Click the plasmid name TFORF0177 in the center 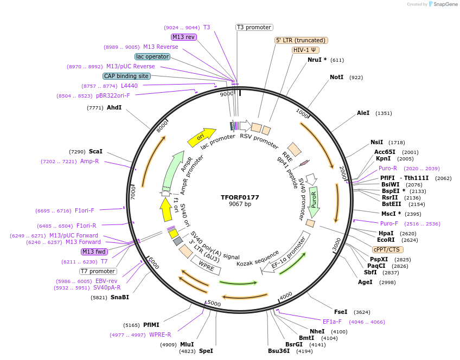pos(240,197)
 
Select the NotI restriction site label pos(336,78)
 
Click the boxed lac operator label pos(152,56)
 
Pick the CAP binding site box pos(126,76)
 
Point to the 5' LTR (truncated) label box pos(301,40)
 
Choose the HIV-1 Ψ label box pos(305,50)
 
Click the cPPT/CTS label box pos(387,249)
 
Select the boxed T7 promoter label pos(98,271)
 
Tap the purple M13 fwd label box pos(94,252)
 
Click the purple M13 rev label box pos(183,37)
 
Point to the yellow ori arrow pos(201,138)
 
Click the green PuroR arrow pos(314,200)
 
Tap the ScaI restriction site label pos(95,152)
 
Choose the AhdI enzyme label pos(114,108)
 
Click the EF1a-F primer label pos(332,322)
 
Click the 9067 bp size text pos(240,204)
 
